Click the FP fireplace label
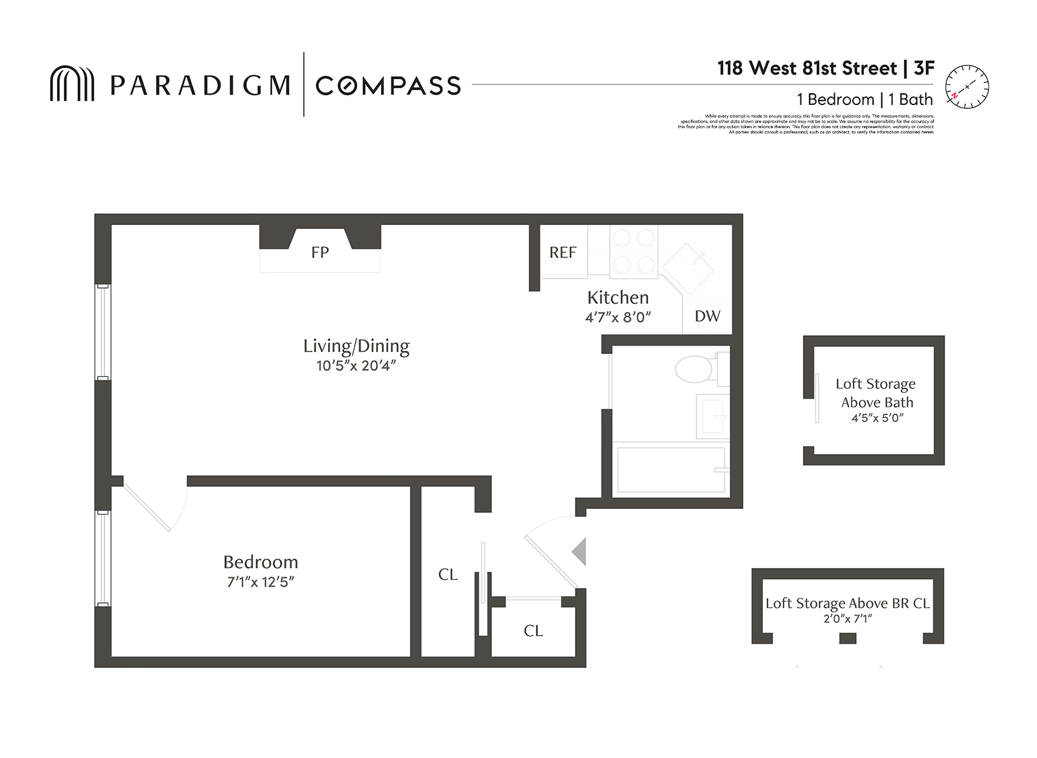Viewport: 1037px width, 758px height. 320,252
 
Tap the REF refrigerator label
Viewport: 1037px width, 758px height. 563,252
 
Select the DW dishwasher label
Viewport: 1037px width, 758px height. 707,316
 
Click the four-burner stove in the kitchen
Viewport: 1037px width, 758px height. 634,252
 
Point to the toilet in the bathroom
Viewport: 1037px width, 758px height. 695,369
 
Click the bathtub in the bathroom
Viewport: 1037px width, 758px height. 671,469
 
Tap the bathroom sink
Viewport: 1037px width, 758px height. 713,416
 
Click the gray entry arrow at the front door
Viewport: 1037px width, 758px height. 579,552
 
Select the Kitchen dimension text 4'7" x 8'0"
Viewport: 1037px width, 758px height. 618,317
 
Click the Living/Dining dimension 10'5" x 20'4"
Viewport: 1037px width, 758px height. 356,366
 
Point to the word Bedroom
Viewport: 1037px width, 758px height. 261,562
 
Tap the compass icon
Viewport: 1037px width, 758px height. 966,86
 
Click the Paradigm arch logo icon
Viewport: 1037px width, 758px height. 72,84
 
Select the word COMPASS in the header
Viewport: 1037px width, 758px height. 388,86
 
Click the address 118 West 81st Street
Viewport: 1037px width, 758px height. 807,68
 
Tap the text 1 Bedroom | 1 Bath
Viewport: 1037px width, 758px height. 865,99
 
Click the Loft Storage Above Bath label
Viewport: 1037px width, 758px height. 876,393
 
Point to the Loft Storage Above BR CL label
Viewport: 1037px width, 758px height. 847,603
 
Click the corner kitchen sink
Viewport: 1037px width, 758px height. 688,266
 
